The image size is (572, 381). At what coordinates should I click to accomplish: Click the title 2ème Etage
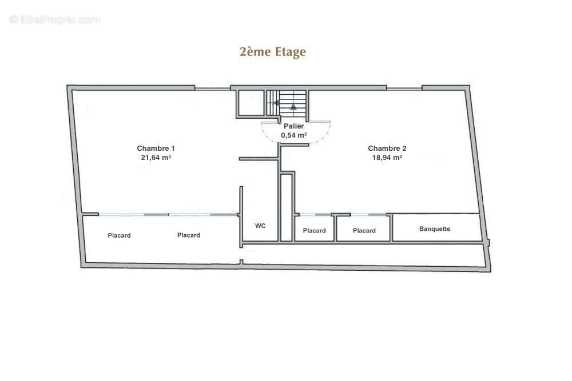coord(272,52)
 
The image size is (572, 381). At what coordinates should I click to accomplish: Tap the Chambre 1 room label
coord(156,149)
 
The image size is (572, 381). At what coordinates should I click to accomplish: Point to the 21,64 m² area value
coord(156,157)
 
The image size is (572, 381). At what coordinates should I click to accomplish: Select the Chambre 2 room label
coord(387,149)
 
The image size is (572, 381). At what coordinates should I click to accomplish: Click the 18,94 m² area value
coord(387,157)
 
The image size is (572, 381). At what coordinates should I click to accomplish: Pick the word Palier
coord(293,126)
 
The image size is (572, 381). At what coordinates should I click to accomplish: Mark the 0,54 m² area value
coord(293,135)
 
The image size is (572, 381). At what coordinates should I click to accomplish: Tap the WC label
coord(260,226)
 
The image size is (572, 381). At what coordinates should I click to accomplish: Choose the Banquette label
coord(435,228)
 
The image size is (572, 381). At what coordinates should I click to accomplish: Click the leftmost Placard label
coord(119,235)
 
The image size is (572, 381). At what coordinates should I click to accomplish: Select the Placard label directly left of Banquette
coord(364,231)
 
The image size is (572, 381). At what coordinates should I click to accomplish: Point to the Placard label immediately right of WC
coord(314,231)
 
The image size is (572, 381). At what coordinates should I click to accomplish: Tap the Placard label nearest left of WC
coord(188,235)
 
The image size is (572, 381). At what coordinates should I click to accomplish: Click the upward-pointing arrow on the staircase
coord(293,106)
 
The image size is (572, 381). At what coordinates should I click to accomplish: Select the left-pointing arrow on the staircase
coord(276,103)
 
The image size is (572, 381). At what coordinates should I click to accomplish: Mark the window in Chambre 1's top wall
coord(212,88)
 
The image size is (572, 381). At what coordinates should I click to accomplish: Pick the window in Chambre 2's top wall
coord(404,88)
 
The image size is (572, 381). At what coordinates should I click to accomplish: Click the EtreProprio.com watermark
coord(55,19)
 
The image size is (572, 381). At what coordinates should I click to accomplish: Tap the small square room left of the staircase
coord(250,103)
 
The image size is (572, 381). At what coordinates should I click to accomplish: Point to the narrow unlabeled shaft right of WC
coord(287,207)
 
